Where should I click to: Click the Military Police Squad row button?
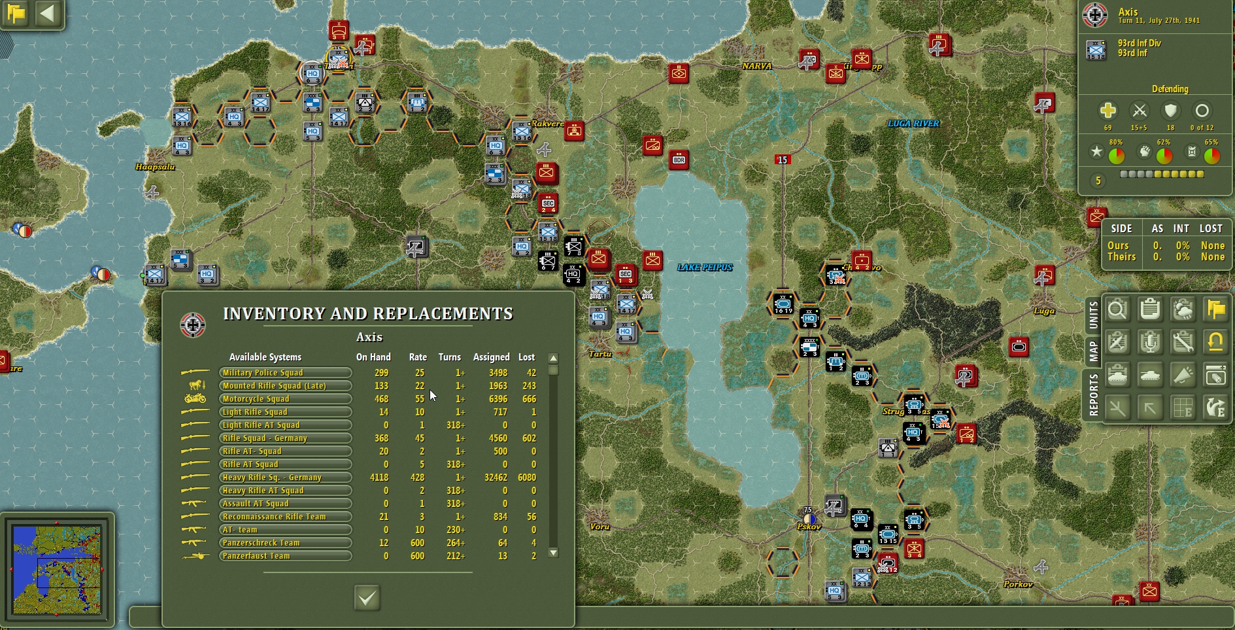click(x=285, y=373)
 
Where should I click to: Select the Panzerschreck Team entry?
click(x=285, y=543)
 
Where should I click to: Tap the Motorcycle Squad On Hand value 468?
click(x=381, y=399)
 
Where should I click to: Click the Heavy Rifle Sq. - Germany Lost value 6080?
click(x=526, y=478)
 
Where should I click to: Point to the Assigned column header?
click(x=491, y=357)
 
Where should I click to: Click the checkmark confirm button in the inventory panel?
click(x=367, y=597)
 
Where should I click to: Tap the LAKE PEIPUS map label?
click(x=704, y=268)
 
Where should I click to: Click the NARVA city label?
click(x=756, y=66)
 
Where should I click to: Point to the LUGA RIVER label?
click(x=913, y=124)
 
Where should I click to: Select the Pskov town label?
click(x=809, y=527)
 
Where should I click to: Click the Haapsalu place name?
click(x=155, y=167)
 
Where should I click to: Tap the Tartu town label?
click(x=600, y=354)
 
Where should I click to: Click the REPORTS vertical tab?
click(x=1093, y=394)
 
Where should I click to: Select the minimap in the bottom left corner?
click(x=57, y=569)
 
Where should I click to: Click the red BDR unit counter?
click(x=679, y=160)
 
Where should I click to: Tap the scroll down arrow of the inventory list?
click(x=553, y=553)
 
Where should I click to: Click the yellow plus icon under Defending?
click(x=1108, y=111)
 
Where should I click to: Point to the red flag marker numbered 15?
click(x=782, y=160)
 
